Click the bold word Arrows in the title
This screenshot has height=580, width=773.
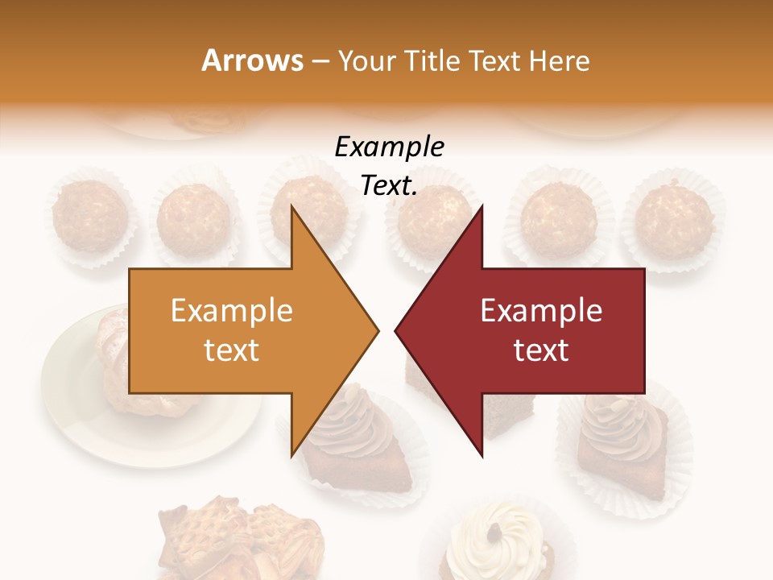pyautogui.click(x=253, y=60)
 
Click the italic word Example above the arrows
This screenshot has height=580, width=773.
pyautogui.click(x=390, y=147)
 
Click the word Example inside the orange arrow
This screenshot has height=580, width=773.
pyautogui.click(x=232, y=311)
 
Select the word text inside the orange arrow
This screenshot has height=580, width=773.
pyautogui.click(x=232, y=350)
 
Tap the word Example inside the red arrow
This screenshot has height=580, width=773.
pyautogui.click(x=541, y=311)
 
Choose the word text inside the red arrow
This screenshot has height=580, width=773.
pyautogui.click(x=541, y=350)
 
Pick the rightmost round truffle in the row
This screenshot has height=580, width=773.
pyautogui.click(x=675, y=215)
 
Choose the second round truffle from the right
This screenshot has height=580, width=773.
pyautogui.click(x=558, y=215)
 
